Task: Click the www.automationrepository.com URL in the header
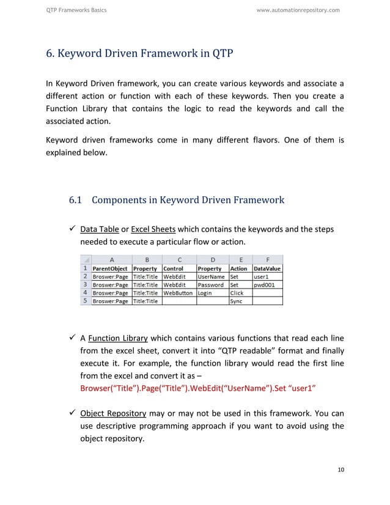[298, 10]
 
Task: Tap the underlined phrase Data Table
[100, 229]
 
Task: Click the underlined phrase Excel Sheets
[153, 229]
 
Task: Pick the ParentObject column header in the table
[110, 268]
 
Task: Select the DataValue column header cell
[267, 268]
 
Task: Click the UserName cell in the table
[210, 276]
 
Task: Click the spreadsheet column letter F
[268, 259]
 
